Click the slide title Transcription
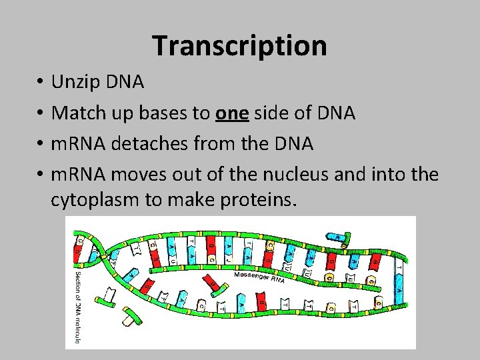(x=239, y=46)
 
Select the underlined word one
(x=231, y=113)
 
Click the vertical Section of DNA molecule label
(x=78, y=307)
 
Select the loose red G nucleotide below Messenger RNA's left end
(x=211, y=285)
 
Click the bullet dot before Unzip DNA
(x=41, y=83)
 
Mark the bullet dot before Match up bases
(x=41, y=114)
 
